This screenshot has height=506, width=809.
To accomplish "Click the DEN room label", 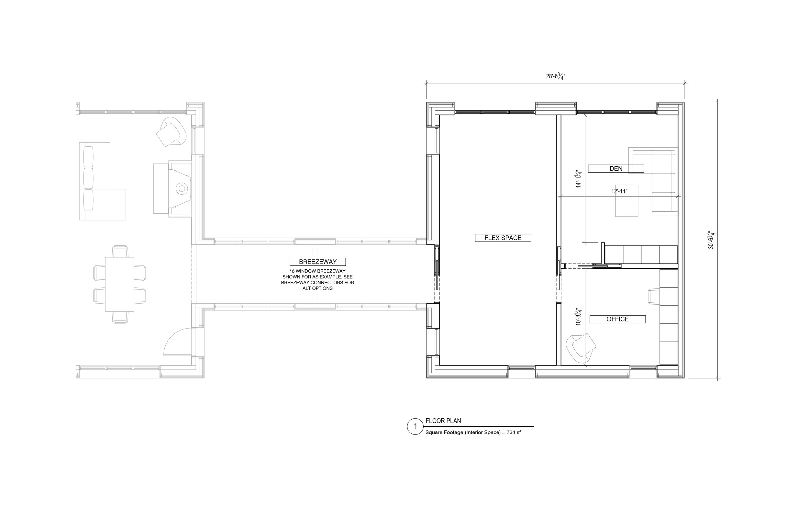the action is coord(616,169).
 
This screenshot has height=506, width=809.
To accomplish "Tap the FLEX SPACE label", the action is coord(503,238).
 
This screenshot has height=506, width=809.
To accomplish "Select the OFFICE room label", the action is coord(617,319).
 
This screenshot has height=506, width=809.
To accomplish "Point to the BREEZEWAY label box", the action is coord(318,262).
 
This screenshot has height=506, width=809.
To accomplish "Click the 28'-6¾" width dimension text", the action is coord(556,77).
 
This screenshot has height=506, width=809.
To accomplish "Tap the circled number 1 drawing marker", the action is coord(416,427).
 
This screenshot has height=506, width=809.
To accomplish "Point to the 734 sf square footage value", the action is coord(514,433).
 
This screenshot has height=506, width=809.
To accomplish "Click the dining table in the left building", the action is coord(119,284).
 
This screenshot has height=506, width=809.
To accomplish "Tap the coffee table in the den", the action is coord(627,201).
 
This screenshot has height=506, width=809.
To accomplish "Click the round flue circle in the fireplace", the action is coord(182,188).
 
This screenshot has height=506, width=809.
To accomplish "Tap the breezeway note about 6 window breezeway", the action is coord(317,280).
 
